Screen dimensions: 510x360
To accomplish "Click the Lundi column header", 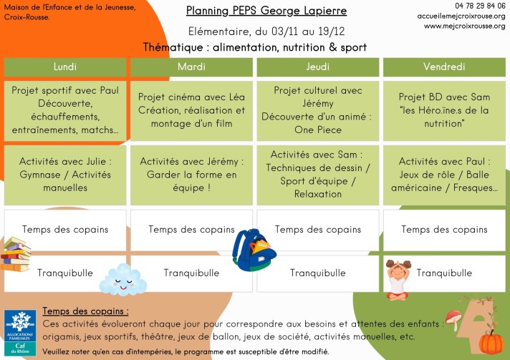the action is (x=65, y=67).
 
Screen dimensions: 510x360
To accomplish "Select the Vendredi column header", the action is (x=444, y=67).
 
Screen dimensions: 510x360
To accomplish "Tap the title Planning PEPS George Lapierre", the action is (x=266, y=11).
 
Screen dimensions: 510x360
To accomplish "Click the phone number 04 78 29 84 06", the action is (x=480, y=6).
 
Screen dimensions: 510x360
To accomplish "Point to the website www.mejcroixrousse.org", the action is (x=464, y=26).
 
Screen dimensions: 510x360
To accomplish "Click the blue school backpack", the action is (x=254, y=250).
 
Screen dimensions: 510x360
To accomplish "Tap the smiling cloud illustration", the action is (x=123, y=279).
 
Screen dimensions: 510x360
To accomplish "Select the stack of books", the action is (x=16, y=254).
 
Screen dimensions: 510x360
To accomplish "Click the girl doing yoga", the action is (x=398, y=279).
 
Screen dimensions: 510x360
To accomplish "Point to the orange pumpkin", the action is (x=491, y=342).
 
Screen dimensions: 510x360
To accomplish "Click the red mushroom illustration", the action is (x=453, y=319).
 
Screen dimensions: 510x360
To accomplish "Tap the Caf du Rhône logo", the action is (x=20, y=332).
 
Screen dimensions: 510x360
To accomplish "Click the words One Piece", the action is (x=318, y=130).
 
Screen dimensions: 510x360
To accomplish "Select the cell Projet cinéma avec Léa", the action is (x=191, y=111).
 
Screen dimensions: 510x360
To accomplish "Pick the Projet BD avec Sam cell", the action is (x=444, y=111).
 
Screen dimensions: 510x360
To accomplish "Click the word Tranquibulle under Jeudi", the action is (x=318, y=273).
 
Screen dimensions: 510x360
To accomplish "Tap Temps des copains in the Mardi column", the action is (x=191, y=230).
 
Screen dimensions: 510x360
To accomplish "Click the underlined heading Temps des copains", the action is (x=85, y=311).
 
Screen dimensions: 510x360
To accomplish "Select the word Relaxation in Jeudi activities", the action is (x=318, y=194).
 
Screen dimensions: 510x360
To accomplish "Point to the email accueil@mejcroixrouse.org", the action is (x=461, y=16).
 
